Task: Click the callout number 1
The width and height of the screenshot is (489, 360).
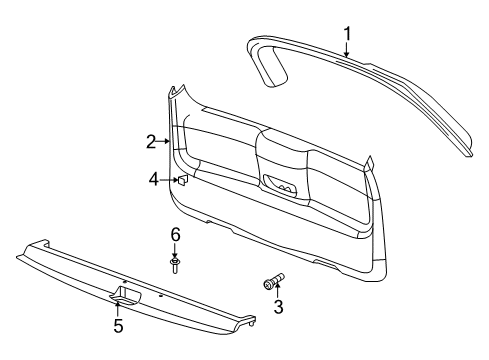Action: pos(347,38)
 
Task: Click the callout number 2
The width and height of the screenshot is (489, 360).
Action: pos(150,142)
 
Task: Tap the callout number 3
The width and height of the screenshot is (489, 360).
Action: pos(278,307)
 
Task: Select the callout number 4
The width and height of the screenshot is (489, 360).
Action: pos(154,180)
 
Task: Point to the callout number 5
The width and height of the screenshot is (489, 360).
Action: pos(117,325)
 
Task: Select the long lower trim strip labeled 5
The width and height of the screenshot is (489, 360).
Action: pos(140,290)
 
